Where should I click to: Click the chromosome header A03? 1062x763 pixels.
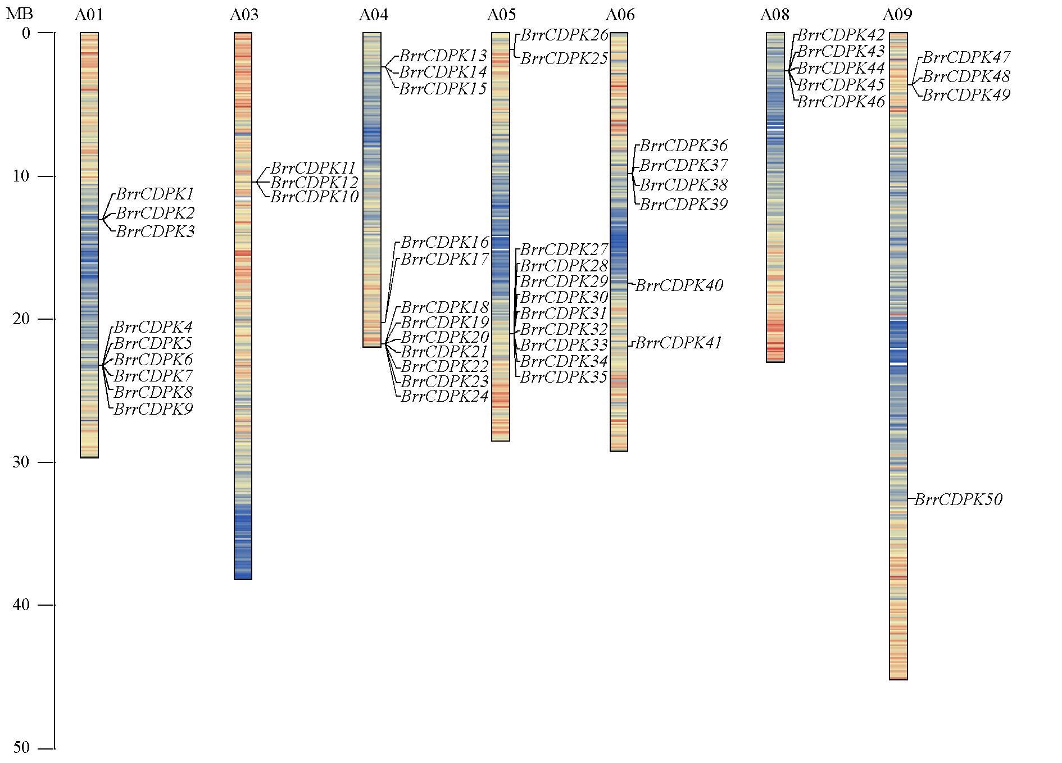click(x=244, y=15)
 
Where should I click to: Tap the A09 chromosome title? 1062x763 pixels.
click(x=897, y=15)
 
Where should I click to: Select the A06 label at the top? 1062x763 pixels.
click(x=620, y=15)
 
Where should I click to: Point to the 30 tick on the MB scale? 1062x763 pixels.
click(x=21, y=462)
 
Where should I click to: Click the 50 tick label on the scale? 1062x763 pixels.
click(x=21, y=747)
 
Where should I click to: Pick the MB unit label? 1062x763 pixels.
click(x=19, y=14)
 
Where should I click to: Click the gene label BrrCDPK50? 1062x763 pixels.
click(x=959, y=499)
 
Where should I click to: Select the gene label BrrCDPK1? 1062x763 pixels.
click(x=155, y=194)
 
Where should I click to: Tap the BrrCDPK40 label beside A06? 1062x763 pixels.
click(x=679, y=285)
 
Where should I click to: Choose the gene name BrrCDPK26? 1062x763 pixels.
click(x=564, y=35)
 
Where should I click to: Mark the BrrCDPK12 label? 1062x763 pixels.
click(x=314, y=183)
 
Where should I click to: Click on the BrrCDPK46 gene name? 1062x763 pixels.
click(x=841, y=102)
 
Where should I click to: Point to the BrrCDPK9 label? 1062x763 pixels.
click(x=153, y=409)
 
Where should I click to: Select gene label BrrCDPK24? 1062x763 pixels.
click(x=444, y=396)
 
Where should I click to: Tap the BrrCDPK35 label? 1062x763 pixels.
click(x=564, y=377)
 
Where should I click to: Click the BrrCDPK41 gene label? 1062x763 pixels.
click(x=678, y=343)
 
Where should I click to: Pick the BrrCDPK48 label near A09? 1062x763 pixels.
click(x=966, y=76)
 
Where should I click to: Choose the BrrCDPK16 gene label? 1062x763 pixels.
click(x=444, y=242)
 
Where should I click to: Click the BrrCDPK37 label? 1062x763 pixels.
click(x=684, y=165)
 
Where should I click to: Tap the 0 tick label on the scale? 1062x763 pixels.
click(x=26, y=34)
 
